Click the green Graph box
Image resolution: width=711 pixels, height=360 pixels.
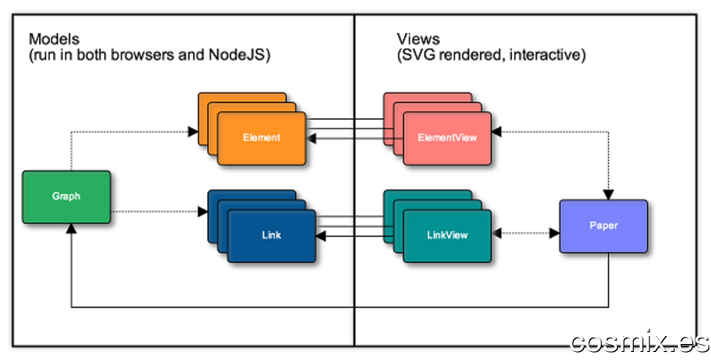coord(66,196)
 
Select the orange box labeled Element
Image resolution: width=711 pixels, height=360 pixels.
coord(261,139)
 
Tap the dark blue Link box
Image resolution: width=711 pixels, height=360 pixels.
coord(271,236)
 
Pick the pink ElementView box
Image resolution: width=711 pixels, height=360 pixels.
coord(447,139)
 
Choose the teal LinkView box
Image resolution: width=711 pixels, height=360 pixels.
coord(447,236)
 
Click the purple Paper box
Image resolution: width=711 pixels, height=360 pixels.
coord(603,226)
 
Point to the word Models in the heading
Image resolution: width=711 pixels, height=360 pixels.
coord(54,39)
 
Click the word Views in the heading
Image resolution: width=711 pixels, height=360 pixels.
coord(418,39)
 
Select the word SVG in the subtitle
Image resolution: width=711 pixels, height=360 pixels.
coord(417,55)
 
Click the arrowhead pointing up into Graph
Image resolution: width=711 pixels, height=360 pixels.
coord(71,228)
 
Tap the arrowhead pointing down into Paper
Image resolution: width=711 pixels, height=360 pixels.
coord(609,195)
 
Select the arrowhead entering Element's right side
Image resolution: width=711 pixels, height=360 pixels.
coord(311,139)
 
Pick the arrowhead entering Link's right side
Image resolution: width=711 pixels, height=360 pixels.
coord(321,236)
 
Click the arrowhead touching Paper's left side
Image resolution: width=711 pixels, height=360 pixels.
coord(555,234)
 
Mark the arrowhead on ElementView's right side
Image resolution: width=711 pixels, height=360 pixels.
coord(496,132)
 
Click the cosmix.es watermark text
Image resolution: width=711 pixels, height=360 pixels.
coord(639,342)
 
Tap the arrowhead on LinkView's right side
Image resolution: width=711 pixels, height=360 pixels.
coord(496,234)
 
